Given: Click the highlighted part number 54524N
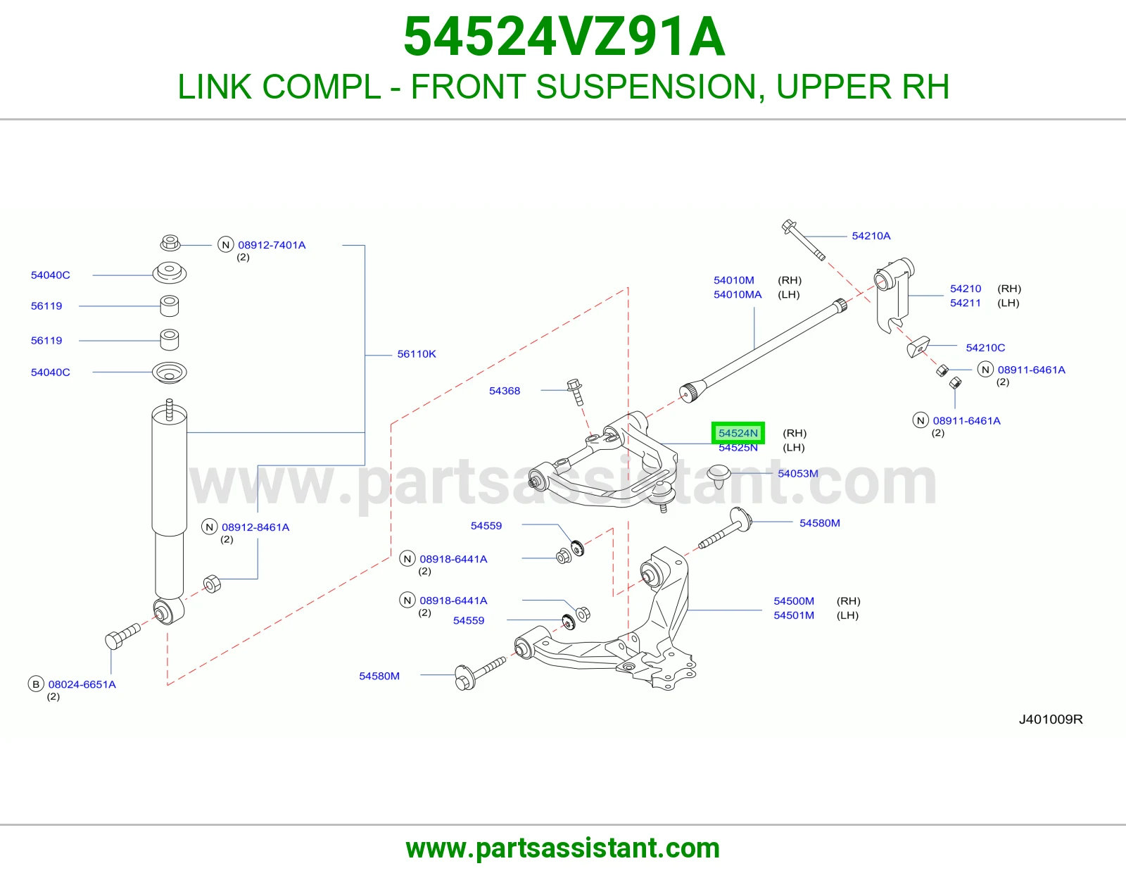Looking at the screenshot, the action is [738, 433].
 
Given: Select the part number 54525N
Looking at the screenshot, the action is [738, 448].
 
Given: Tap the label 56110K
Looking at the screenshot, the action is [417, 354].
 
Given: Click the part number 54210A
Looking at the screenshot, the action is [871, 236].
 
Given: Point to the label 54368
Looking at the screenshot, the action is [505, 391].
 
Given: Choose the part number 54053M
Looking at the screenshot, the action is [798, 473].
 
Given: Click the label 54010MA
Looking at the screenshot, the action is [738, 294].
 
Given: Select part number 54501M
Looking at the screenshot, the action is [794, 615].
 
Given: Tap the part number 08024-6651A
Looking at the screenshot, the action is [82, 684].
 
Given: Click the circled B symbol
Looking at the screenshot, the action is [36, 684].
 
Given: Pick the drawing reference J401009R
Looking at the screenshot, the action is [1051, 719].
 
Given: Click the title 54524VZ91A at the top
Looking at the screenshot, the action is [564, 37].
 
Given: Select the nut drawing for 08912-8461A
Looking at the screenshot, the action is [212, 584].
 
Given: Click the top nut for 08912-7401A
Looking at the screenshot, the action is [170, 242].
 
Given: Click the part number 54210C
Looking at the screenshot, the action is [985, 348].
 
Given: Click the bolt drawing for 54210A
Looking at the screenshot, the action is [803, 240].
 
